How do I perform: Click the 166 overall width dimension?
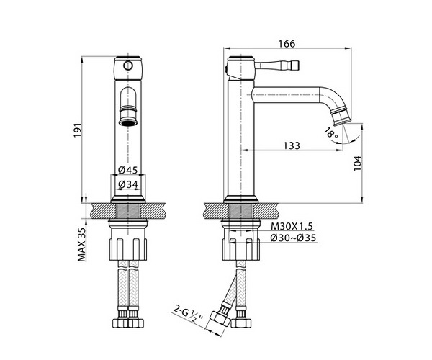coord(287,44)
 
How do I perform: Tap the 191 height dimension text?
coord(78,130)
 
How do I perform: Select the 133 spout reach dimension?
coord(292,145)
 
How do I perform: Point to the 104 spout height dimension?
coord(357,163)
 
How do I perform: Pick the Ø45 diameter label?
coord(128,170)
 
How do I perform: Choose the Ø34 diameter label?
coord(128,184)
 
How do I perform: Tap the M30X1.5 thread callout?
coord(292,226)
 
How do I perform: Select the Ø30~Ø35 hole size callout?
coord(293,238)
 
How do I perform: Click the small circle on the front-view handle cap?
coord(128,66)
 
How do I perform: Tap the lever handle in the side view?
coord(276,66)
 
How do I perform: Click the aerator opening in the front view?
coord(128,122)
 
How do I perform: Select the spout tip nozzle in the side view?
coord(342,116)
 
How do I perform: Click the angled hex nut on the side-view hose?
coord(220,320)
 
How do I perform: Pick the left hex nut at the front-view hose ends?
coord(120,323)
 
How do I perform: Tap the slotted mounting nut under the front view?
coord(128,249)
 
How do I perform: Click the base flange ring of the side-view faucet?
coord(240,199)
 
